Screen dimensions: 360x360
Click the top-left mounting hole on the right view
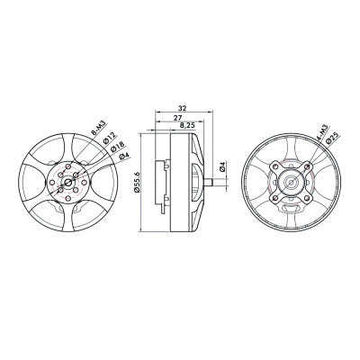(275, 167)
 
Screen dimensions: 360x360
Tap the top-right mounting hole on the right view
(306, 167)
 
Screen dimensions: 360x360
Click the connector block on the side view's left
(163, 183)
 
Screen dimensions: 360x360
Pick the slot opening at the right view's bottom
(291, 209)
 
